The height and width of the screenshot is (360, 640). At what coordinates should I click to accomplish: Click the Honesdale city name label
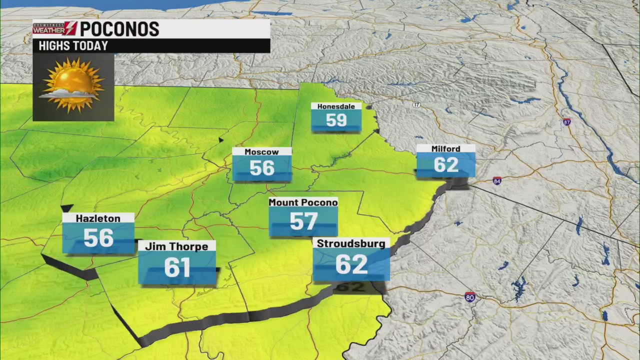tap(336, 106)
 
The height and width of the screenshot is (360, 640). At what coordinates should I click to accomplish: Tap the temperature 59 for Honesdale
tap(336, 120)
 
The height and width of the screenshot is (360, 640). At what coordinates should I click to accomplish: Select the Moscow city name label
tap(261, 152)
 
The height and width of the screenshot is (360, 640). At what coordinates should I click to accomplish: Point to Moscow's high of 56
tap(262, 168)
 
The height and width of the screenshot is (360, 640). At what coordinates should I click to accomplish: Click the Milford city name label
tap(445, 149)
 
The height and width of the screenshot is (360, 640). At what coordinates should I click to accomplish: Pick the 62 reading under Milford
tap(446, 165)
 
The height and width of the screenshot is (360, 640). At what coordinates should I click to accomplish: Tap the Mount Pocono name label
tap(303, 202)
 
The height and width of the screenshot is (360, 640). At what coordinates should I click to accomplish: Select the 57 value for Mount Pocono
tap(303, 221)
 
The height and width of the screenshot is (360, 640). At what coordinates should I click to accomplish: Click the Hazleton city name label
tap(98, 218)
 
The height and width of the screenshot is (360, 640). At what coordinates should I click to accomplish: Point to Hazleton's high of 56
tap(98, 238)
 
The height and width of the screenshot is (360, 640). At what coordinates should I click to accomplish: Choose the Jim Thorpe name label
tap(176, 246)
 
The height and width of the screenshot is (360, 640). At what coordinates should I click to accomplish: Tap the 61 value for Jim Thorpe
tap(177, 268)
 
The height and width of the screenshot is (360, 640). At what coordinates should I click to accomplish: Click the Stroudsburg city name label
tap(351, 244)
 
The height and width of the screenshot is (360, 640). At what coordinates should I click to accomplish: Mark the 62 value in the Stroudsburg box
tap(351, 264)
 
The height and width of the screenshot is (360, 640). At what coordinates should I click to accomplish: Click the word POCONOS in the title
tap(119, 29)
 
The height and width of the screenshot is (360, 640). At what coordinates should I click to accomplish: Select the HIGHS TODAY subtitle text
tap(73, 46)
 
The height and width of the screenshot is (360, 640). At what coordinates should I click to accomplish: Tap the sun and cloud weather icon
tap(73, 86)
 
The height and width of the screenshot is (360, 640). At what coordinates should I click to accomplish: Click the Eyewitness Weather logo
tap(55, 28)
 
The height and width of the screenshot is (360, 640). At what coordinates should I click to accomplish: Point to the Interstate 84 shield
tap(496, 181)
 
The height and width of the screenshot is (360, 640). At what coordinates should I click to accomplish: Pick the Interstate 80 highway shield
tap(469, 297)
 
